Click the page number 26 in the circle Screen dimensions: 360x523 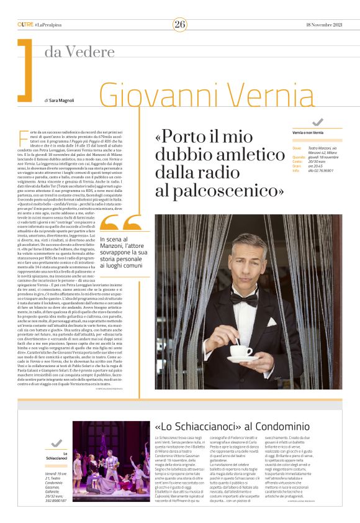179,24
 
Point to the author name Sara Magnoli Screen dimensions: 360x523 64,100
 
